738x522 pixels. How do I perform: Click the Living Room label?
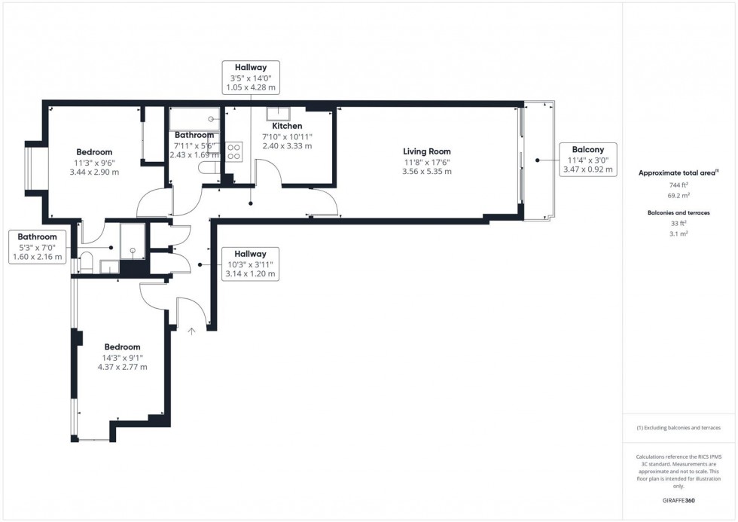tap(426, 151)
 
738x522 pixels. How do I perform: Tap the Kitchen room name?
tap(287, 126)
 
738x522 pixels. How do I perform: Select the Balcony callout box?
tap(587, 160)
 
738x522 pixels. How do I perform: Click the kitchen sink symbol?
tap(273, 114)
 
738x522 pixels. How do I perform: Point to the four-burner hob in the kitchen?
tap(233, 151)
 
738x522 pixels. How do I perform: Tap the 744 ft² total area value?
tap(679, 185)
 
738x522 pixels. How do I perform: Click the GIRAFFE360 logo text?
tap(679, 500)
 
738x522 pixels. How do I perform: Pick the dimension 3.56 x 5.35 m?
tap(426, 172)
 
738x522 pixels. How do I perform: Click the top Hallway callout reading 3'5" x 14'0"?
tap(251, 78)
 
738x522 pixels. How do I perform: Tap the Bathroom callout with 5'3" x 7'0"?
tap(38, 247)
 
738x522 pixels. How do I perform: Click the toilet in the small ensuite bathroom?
tap(84, 264)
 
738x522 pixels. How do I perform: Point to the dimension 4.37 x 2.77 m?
tap(122, 368)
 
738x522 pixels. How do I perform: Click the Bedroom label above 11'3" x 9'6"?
tap(94, 152)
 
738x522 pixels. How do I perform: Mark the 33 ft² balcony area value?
tap(679, 224)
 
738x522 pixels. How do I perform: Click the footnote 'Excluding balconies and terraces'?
tap(679, 428)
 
